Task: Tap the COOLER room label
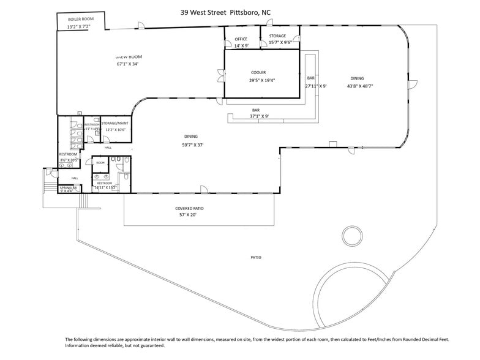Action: point(258,72)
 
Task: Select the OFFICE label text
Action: point(241,39)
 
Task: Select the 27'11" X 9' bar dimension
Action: point(316,86)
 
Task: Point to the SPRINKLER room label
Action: point(68,187)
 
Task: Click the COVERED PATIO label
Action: point(189,208)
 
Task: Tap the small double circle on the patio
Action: point(352,235)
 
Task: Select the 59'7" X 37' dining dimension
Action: point(192,144)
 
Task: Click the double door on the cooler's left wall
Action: point(221,76)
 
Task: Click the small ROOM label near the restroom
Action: point(100,162)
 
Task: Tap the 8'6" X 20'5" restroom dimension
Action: point(68,160)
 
